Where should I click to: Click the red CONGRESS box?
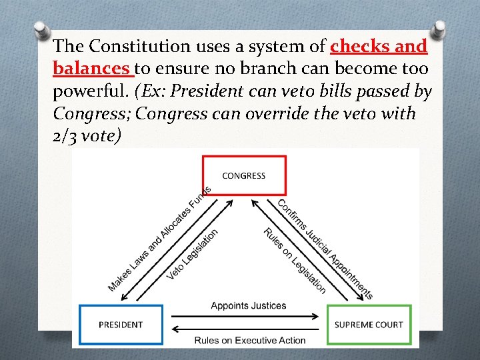(x=243, y=175)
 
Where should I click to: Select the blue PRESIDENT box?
(x=121, y=325)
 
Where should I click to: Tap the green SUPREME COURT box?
(x=369, y=325)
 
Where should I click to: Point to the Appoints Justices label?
(x=249, y=306)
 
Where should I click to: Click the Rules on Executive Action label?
(x=250, y=341)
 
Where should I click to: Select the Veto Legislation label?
(x=193, y=254)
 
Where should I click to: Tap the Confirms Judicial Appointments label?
(x=325, y=249)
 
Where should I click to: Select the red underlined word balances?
(x=91, y=69)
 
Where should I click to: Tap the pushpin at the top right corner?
(x=440, y=30)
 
